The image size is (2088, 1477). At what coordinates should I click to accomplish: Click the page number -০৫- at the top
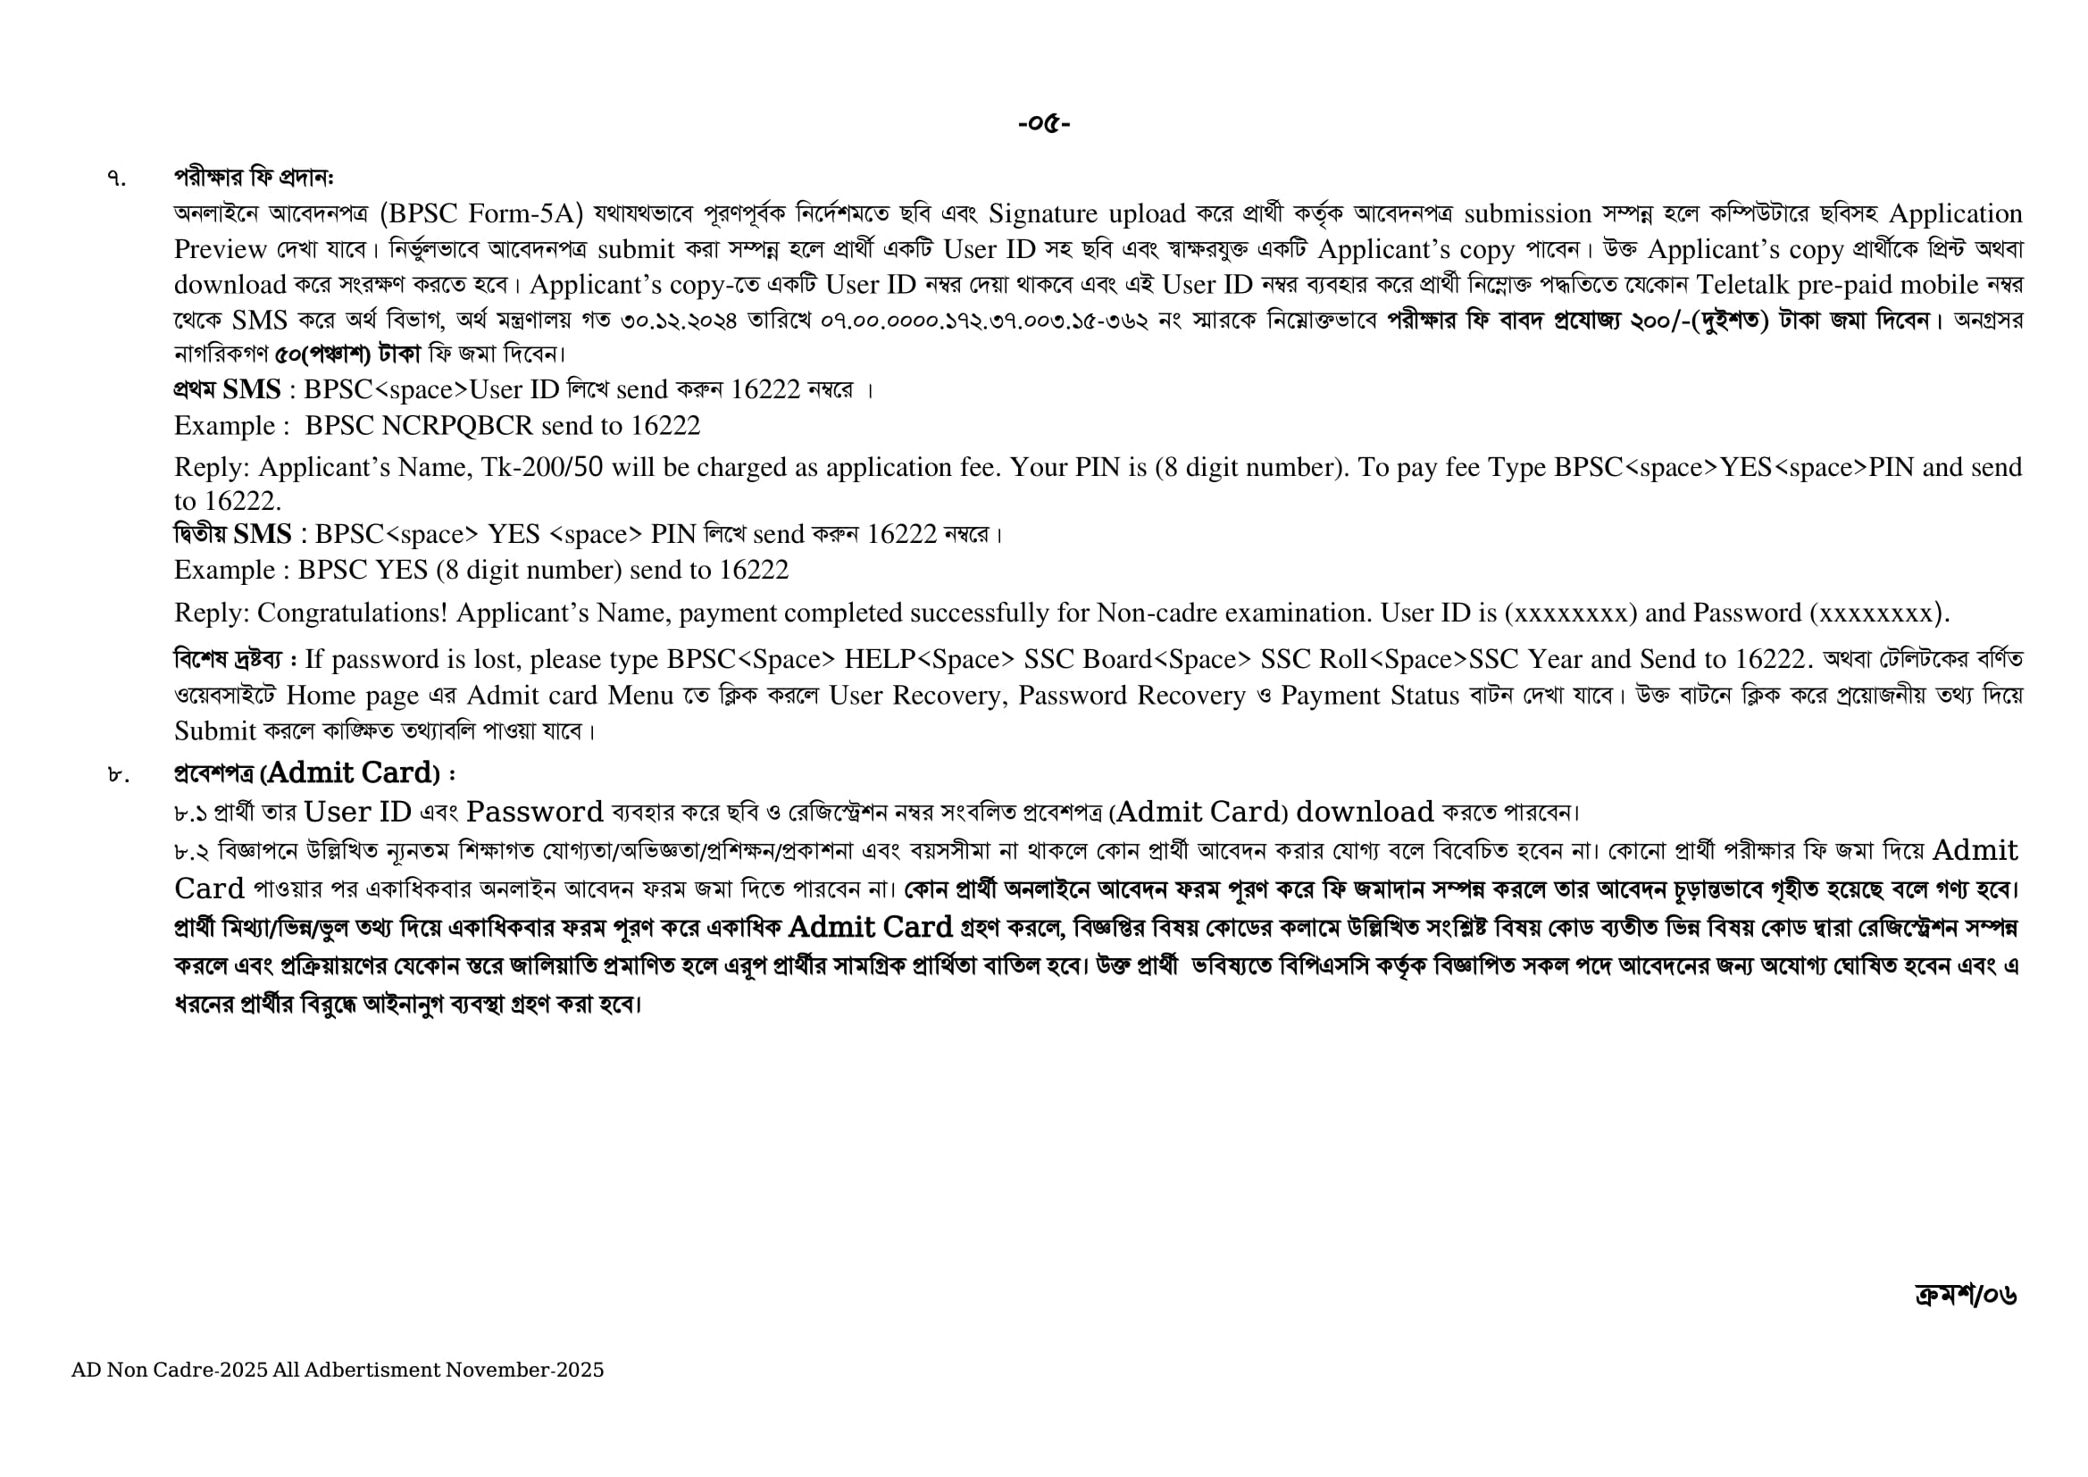click(1044, 122)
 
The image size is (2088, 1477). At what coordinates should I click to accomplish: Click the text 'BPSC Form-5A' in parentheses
click(480, 213)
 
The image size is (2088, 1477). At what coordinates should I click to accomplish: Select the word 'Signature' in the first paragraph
click(1043, 213)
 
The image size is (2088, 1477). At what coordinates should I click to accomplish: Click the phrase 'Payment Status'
click(1371, 696)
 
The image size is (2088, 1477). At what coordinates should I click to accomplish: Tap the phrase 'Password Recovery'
click(1132, 696)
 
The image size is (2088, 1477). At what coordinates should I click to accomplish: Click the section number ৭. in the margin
click(116, 178)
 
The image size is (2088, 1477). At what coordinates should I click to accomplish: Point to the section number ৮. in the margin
click(117, 775)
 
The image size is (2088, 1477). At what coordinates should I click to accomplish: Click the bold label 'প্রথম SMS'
click(228, 389)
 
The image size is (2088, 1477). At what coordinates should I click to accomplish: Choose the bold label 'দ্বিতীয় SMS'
click(233, 534)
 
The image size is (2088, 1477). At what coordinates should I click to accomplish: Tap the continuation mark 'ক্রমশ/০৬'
click(1965, 1294)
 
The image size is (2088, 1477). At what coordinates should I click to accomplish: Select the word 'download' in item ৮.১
click(1364, 811)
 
